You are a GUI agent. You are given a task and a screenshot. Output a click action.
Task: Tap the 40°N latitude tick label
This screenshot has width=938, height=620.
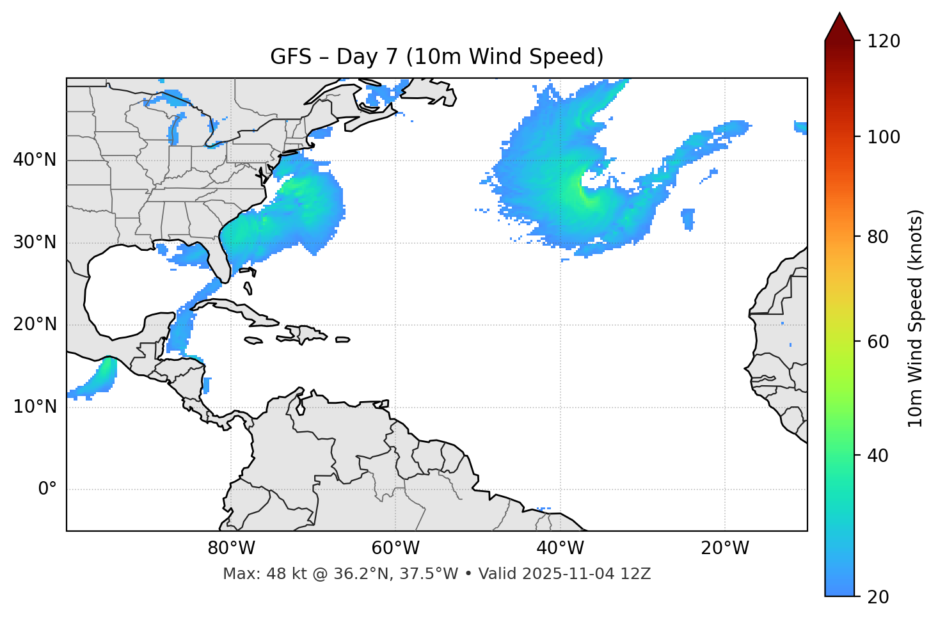click(35, 160)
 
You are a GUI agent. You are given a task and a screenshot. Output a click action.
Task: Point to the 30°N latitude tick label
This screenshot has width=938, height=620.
click(35, 242)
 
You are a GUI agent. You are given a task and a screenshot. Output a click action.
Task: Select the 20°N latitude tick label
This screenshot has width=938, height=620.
click(35, 324)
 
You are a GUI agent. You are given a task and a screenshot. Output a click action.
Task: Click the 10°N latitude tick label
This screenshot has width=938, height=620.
click(35, 407)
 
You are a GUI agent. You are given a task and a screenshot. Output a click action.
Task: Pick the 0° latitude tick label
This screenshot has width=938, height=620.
click(47, 489)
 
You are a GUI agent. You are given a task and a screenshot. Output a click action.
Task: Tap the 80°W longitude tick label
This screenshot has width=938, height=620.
click(231, 548)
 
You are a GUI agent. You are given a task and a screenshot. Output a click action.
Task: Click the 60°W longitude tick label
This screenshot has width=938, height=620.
click(395, 548)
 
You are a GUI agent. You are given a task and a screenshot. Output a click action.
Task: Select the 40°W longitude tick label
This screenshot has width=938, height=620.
click(560, 548)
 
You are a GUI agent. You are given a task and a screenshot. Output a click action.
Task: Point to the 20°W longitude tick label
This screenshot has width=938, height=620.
click(724, 548)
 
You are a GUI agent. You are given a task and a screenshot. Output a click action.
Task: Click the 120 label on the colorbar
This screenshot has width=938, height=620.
click(883, 42)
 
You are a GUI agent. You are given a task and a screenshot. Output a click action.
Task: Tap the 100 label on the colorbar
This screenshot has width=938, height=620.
click(883, 137)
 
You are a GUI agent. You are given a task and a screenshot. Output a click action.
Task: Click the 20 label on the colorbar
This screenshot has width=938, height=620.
click(878, 597)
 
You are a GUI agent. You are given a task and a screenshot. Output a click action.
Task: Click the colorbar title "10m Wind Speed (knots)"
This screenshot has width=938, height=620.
click(916, 318)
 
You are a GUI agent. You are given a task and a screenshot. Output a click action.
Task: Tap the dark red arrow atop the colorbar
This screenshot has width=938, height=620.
click(839, 27)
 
